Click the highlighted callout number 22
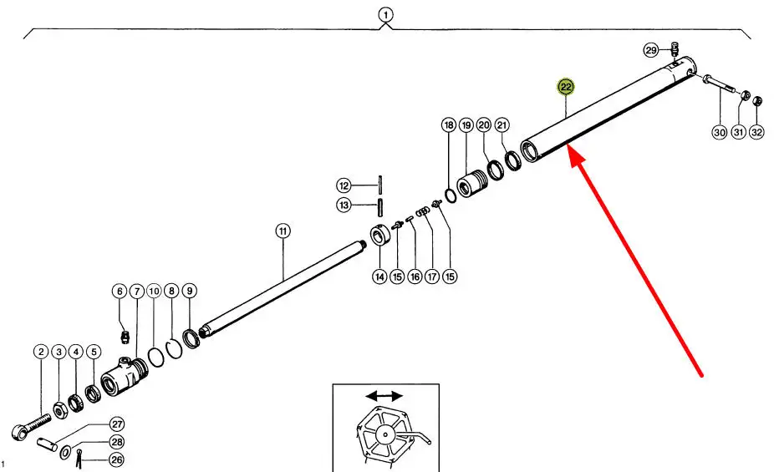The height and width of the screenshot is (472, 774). click(x=566, y=87)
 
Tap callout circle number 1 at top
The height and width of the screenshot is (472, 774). click(x=384, y=14)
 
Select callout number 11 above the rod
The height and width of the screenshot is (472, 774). click(x=283, y=231)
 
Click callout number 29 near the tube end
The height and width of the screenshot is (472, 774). click(x=651, y=51)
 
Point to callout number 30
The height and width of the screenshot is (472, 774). click(x=719, y=132)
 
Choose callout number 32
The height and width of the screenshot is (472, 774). click(x=756, y=132)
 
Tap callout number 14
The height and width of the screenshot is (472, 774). click(x=379, y=277)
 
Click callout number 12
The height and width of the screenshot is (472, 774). click(x=344, y=185)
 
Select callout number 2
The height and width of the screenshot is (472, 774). click(x=40, y=353)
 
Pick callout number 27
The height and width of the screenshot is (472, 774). click(x=117, y=424)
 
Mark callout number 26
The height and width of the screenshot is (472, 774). click(x=117, y=459)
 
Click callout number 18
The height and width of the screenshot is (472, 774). click(x=449, y=125)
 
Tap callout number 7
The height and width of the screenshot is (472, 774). click(x=135, y=291)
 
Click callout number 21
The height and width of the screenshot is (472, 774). click(x=502, y=125)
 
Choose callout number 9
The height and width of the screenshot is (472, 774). click(x=190, y=291)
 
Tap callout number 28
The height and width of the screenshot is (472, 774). click(x=117, y=442)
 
